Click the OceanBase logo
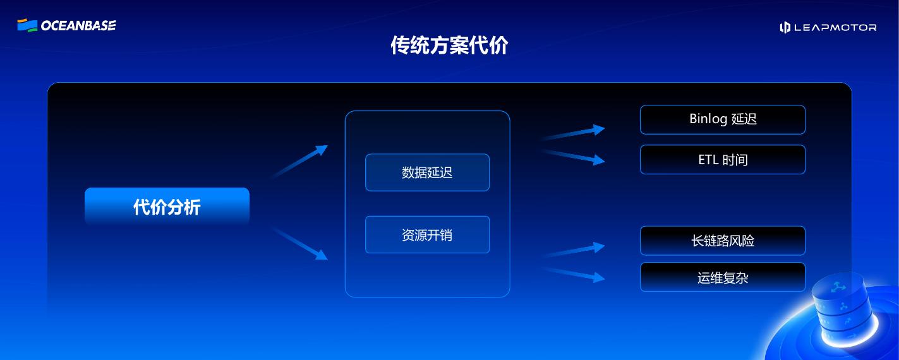pos(66,25)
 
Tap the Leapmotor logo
pos(828,27)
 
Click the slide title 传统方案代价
pos(449,45)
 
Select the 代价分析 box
pos(167,207)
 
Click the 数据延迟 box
pos(427,172)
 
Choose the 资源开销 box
pos(427,235)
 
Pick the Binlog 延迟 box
pos(722,120)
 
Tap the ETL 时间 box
pos(722,160)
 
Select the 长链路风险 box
pos(722,241)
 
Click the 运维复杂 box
pos(722,277)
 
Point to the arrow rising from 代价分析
pos(301,161)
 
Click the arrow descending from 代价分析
pos(301,244)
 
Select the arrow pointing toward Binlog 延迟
pos(574,133)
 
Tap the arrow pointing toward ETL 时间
pos(574,157)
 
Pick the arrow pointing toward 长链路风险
pos(574,251)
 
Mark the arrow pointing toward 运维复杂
pos(574,273)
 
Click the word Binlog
pos(708,119)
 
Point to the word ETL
pos(708,160)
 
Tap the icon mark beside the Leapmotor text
pos(785,27)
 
